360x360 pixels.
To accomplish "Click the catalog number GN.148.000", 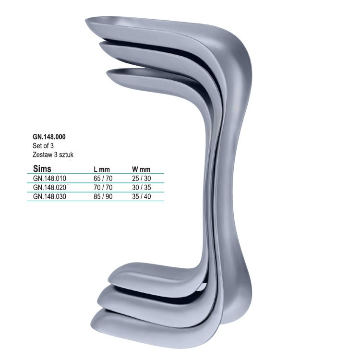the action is coord(49,137).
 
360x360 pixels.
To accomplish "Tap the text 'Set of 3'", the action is coord(43,146).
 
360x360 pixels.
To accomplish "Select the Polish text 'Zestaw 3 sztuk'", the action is coord(53,155).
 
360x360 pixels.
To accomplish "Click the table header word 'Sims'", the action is coord(42,169).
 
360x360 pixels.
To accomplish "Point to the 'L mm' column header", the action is coord(102,169).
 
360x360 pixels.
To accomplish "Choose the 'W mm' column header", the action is coord(141,169).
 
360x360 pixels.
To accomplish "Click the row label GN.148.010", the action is coord(49,179).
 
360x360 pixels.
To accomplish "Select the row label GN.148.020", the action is coord(49,188).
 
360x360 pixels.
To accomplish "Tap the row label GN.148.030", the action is coord(49,196).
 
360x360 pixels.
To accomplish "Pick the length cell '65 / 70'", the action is coord(103,179).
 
